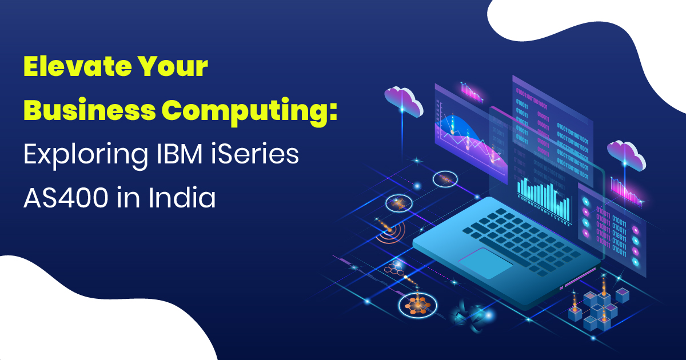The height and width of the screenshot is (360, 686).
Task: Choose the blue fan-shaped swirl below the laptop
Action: (464, 315)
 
